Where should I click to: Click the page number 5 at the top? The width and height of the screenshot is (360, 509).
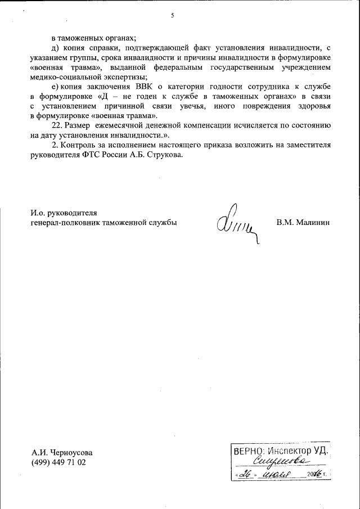173,15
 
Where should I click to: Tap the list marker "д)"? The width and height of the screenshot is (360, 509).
55,48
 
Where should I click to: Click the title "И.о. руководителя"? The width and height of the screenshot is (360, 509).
64,213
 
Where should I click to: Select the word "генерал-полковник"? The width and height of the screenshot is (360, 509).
64,223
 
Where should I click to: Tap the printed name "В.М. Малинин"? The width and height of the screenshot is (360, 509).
303,223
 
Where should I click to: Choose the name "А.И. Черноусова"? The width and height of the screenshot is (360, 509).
62,452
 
